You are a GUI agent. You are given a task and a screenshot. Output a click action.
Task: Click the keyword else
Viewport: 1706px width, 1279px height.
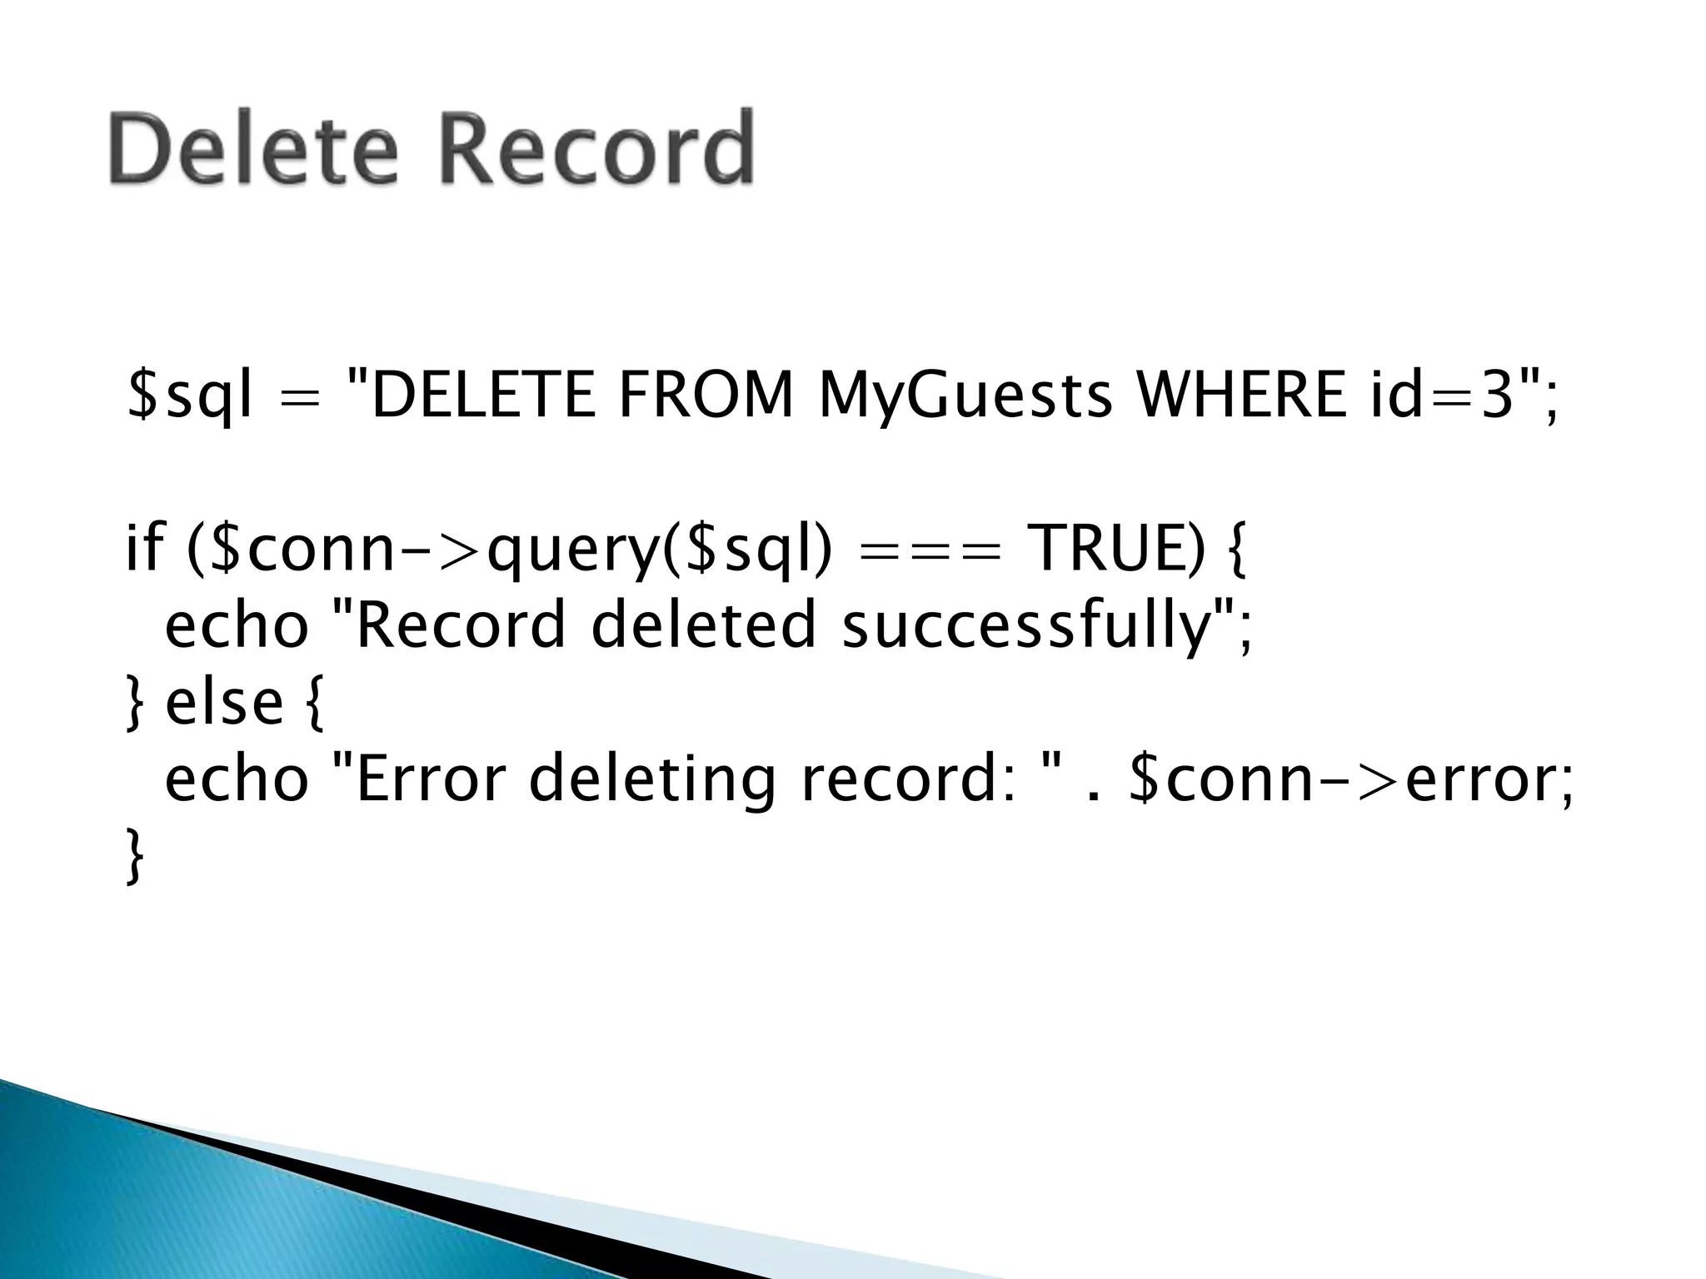tap(224, 702)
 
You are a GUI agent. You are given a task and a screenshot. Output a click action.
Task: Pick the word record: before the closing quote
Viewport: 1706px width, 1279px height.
tap(909, 780)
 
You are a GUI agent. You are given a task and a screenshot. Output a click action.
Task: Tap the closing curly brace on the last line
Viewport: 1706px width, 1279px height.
tap(134, 855)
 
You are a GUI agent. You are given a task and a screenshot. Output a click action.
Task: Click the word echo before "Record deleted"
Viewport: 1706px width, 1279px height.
tap(237, 626)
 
